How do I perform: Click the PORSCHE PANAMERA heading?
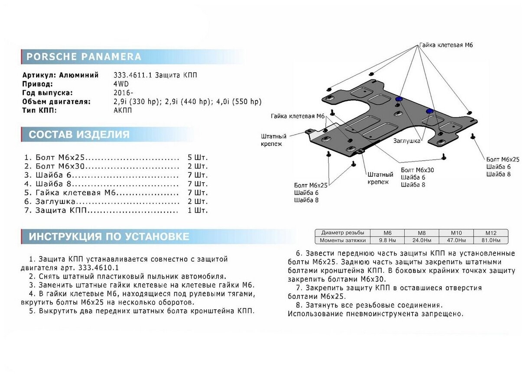click(x=84, y=57)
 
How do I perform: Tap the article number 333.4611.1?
click(x=131, y=75)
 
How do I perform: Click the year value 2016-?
click(x=123, y=93)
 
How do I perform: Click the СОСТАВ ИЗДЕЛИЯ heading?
click(x=79, y=135)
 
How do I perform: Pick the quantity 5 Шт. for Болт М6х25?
click(x=198, y=157)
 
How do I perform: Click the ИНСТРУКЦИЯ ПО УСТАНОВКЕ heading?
click(x=109, y=237)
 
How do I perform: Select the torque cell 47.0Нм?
click(x=456, y=240)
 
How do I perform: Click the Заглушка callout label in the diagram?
click(x=407, y=141)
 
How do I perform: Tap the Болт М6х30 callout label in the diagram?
click(x=417, y=170)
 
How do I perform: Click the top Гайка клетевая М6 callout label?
click(x=445, y=45)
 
